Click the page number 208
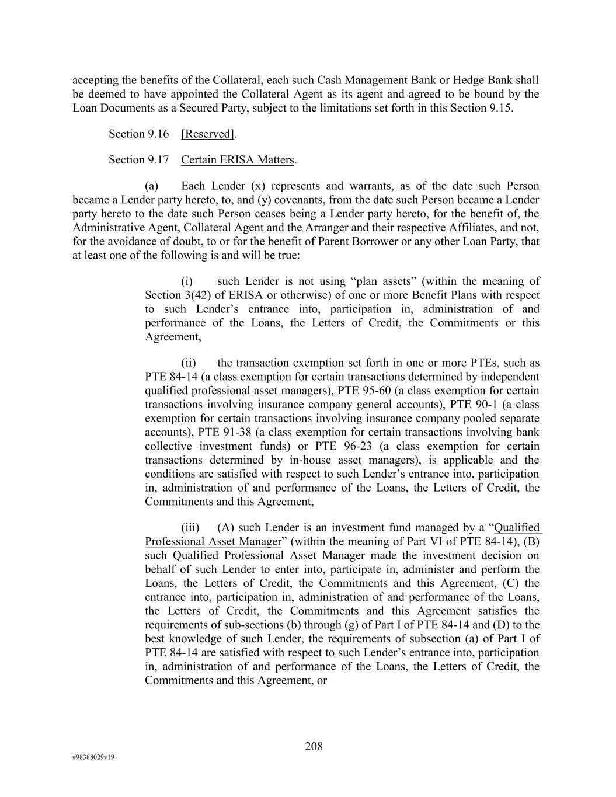(314, 746)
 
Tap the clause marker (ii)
(188, 363)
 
